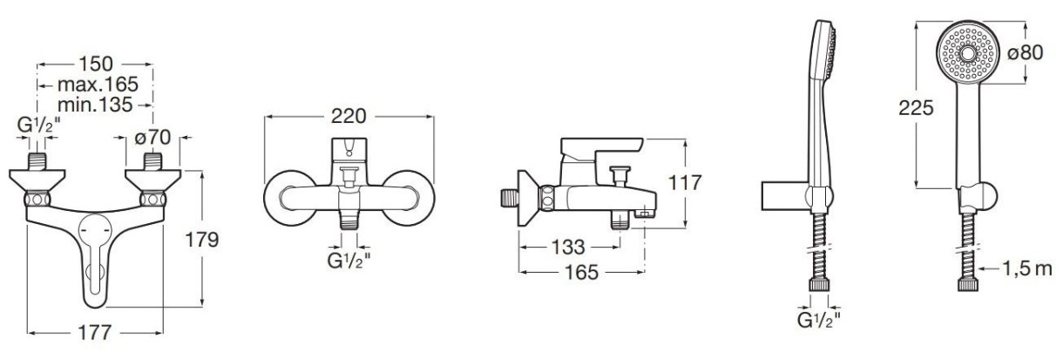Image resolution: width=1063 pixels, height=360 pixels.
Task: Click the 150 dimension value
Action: pos(95,64)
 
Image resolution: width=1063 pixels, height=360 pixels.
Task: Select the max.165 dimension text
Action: pos(98,85)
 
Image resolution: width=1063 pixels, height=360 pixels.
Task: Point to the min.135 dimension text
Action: pos(95,105)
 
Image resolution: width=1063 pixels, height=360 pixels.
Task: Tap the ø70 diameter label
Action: pos(152,138)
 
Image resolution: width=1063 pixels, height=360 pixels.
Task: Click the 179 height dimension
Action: pos(201,240)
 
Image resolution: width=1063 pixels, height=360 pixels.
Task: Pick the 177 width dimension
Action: pos(94,332)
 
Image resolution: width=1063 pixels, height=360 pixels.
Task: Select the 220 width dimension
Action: pos(349,116)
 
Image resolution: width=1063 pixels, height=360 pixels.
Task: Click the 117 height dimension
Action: pos(684,183)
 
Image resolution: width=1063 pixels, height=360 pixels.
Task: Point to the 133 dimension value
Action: pos(568,247)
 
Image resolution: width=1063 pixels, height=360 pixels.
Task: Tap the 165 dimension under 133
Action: pos(581,272)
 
